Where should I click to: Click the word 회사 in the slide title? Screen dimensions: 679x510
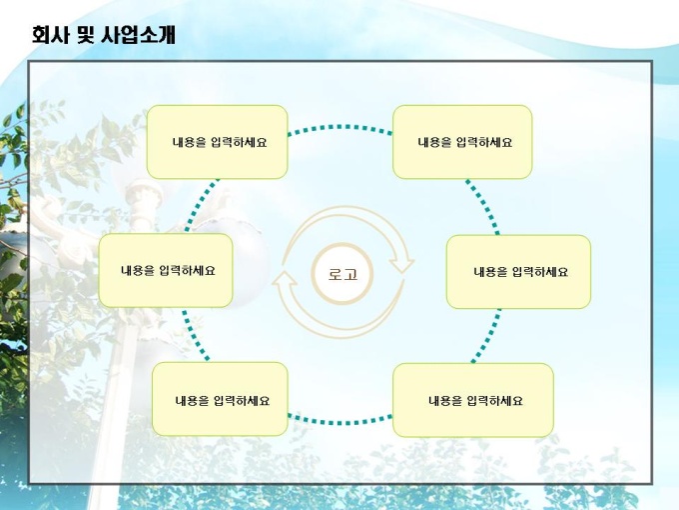click(x=50, y=34)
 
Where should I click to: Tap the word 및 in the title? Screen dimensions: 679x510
click(x=85, y=34)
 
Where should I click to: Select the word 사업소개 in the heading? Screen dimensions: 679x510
click(x=138, y=34)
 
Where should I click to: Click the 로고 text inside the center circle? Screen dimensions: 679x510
click(x=342, y=274)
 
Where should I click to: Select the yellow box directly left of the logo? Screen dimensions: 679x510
click(x=166, y=271)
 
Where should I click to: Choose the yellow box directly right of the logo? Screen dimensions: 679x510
click(x=519, y=272)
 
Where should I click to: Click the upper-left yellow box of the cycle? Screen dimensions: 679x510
click(x=218, y=142)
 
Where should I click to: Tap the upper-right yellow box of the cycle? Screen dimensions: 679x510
click(x=462, y=142)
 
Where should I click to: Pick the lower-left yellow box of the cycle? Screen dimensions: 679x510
click(x=220, y=399)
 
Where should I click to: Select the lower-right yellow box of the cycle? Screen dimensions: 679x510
click(x=473, y=400)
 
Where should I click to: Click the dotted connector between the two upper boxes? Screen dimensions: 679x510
click(x=340, y=127)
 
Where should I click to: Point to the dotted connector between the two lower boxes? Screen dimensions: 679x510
click(x=340, y=422)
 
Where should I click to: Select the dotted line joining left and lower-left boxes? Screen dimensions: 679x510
click(x=195, y=335)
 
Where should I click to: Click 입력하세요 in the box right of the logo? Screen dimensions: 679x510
click(x=540, y=272)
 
